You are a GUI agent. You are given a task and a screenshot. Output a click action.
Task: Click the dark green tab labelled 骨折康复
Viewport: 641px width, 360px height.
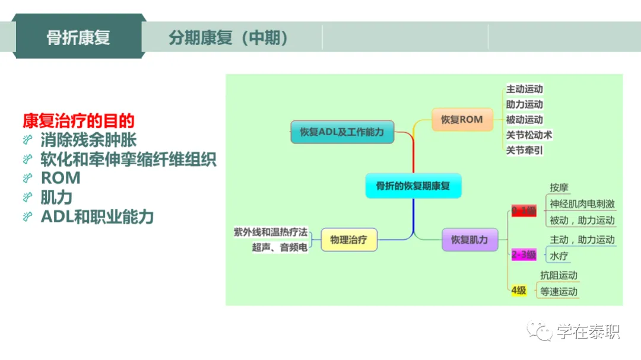pyautogui.click(x=78, y=37)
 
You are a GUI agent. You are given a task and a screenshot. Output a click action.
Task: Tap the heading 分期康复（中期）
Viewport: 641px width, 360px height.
pyautogui.click(x=229, y=38)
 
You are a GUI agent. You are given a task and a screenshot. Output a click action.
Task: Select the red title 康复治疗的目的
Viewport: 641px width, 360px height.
pyautogui.click(x=78, y=121)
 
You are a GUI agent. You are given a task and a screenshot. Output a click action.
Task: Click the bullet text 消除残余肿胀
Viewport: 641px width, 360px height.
pyautogui.click(x=88, y=140)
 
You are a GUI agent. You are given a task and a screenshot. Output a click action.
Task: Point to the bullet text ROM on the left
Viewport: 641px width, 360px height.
pyautogui.click(x=61, y=177)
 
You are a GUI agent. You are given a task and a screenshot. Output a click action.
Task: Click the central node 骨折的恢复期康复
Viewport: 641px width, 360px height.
pyautogui.click(x=413, y=186)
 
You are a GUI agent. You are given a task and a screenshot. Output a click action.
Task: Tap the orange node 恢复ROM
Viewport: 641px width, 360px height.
pyautogui.click(x=461, y=119)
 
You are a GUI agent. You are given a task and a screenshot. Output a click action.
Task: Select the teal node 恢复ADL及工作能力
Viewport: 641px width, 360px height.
pyautogui.click(x=342, y=132)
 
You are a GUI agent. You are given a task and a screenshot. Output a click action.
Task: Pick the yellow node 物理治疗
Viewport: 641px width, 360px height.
pyautogui.click(x=348, y=240)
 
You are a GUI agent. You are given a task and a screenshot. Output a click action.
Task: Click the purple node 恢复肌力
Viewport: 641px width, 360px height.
pyautogui.click(x=469, y=240)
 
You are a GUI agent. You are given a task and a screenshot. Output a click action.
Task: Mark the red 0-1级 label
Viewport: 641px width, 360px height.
pyautogui.click(x=523, y=211)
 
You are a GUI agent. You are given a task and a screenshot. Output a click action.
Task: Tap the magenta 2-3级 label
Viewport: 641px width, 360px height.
pyautogui.click(x=523, y=255)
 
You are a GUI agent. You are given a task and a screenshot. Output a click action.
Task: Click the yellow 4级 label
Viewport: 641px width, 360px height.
pyautogui.click(x=519, y=291)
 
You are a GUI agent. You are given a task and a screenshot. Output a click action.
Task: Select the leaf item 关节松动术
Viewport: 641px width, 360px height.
pyautogui.click(x=528, y=135)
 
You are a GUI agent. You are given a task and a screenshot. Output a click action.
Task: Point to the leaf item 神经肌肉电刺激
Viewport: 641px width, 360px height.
pyautogui.click(x=582, y=204)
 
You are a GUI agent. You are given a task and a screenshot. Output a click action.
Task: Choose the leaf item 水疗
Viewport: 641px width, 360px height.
pyautogui.click(x=559, y=256)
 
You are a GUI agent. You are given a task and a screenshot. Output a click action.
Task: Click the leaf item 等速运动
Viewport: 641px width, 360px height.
pyautogui.click(x=559, y=291)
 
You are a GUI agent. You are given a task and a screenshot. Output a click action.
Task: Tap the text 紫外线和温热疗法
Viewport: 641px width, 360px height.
pyautogui.click(x=270, y=232)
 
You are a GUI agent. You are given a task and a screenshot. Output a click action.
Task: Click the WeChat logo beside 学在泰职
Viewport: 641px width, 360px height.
pyautogui.click(x=541, y=331)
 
